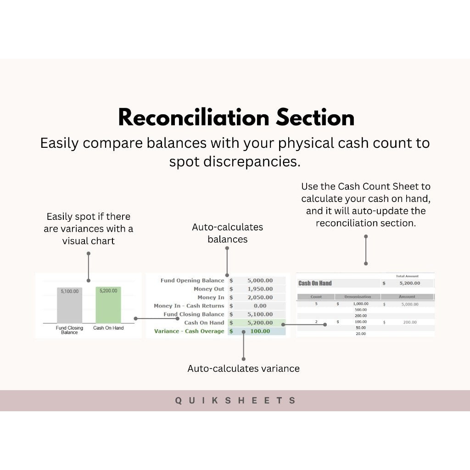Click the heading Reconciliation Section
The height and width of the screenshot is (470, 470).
tap(236, 117)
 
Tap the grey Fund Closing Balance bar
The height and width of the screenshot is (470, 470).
tap(69, 307)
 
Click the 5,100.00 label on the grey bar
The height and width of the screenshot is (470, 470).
tap(69, 291)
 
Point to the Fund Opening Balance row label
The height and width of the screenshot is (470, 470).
tap(192, 280)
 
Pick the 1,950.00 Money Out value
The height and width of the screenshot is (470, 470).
tap(260, 289)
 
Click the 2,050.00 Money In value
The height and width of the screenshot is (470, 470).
tap(260, 297)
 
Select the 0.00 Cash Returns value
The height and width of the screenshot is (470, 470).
tap(260, 306)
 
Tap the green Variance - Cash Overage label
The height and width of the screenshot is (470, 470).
tap(189, 331)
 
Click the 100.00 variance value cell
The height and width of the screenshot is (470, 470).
tap(260, 331)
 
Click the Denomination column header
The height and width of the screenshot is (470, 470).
tap(358, 297)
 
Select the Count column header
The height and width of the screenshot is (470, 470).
tap(316, 297)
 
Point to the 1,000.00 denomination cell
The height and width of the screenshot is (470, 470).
tap(360, 304)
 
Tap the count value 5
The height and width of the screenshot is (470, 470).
tap(316, 304)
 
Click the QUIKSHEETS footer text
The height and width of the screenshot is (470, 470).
tap(235, 401)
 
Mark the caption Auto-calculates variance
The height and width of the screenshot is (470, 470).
tap(243, 369)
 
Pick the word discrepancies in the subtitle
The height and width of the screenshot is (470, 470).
tap(235, 162)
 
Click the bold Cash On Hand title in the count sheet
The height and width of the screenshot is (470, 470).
tap(315, 283)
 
